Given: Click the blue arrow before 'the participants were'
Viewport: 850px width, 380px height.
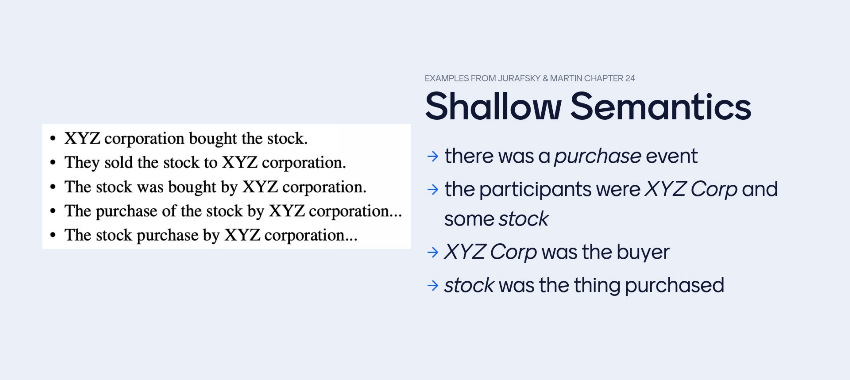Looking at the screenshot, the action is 433,189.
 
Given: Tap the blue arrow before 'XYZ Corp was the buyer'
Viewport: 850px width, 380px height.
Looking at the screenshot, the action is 433,252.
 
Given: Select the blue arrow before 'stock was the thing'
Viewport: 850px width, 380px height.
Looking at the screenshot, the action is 433,285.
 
